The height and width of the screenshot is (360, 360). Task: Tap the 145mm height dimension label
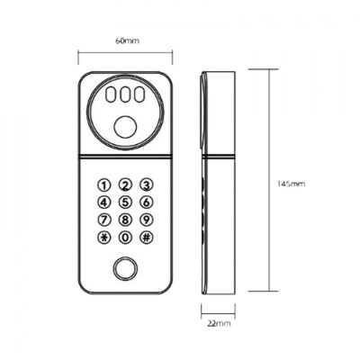293,183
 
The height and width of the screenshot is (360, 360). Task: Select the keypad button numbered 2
125,185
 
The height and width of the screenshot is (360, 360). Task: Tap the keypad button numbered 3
146,185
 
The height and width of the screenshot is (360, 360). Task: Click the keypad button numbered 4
104,202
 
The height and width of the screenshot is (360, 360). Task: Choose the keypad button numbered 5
125,202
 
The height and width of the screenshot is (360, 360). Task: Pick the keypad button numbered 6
146,202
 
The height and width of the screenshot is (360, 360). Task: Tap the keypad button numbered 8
125,220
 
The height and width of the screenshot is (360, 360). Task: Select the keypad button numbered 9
146,220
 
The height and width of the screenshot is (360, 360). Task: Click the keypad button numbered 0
125,237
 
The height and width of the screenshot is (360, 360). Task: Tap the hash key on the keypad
146,237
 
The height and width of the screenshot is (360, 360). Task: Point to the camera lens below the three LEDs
125,126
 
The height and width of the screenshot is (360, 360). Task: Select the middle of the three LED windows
125,94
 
